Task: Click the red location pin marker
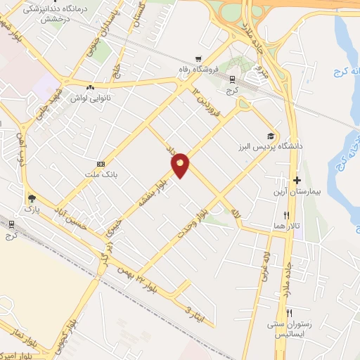[x=181, y=164]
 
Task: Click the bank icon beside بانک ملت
[x=101, y=164]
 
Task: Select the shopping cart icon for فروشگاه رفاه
[x=199, y=59]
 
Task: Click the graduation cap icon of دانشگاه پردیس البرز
[x=271, y=136]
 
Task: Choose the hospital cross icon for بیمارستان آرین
[x=297, y=181]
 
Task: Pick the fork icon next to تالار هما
[x=286, y=214]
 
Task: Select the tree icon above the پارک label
[x=30, y=198]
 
